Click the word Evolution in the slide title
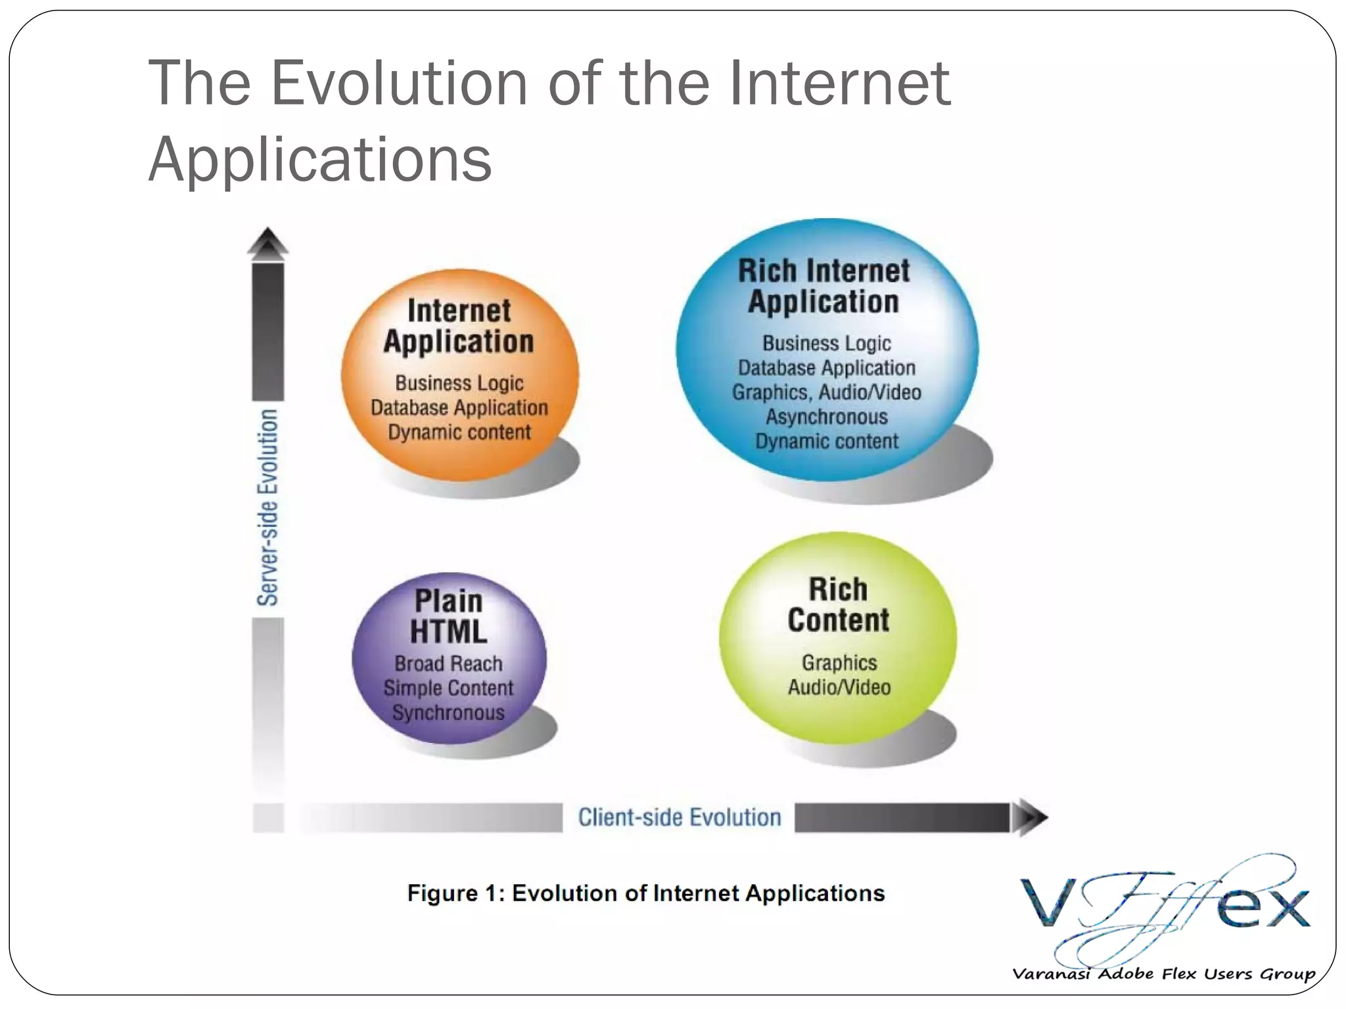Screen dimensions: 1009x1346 click(x=399, y=83)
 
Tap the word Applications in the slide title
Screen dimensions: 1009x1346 click(x=320, y=160)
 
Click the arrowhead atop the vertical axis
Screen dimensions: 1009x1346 click(x=267, y=242)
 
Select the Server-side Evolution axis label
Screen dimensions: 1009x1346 click(x=267, y=507)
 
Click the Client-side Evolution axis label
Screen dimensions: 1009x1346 click(x=680, y=818)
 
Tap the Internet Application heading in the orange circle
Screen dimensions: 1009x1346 click(x=459, y=326)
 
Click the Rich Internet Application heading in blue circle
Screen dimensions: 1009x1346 click(x=824, y=286)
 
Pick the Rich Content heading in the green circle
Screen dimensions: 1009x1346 click(x=839, y=605)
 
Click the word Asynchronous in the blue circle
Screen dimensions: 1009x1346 click(x=827, y=417)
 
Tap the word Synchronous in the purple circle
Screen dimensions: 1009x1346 click(x=449, y=713)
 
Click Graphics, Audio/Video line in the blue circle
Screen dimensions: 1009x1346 click(x=827, y=393)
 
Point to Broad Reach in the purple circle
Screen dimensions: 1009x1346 click(x=449, y=664)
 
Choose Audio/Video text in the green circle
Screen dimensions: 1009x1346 click(x=839, y=688)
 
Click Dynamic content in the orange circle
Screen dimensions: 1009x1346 click(x=459, y=433)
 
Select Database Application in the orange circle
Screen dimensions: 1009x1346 click(x=459, y=408)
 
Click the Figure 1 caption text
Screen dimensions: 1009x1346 click(x=646, y=893)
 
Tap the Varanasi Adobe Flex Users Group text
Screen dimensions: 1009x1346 click(x=1163, y=974)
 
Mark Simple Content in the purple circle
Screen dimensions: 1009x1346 click(x=449, y=688)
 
